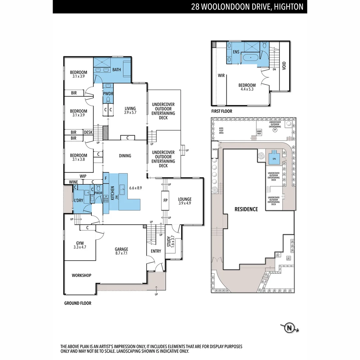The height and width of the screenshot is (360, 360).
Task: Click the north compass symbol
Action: (x=289, y=328)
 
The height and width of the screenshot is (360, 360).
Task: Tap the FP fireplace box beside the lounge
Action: (x=165, y=201)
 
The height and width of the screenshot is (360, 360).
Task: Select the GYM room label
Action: (x=79, y=243)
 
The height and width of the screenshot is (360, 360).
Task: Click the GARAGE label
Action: (x=121, y=249)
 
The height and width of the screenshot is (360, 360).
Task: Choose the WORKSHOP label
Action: (x=81, y=275)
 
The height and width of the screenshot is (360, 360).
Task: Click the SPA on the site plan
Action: (x=274, y=159)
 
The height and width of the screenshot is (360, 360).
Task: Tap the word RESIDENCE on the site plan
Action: (x=246, y=209)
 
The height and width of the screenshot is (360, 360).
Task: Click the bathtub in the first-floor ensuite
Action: (x=249, y=58)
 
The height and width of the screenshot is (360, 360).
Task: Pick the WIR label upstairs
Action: (x=221, y=76)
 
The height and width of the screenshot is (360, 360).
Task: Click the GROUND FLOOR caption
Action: (x=78, y=303)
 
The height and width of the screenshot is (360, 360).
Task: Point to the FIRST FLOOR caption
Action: (x=222, y=111)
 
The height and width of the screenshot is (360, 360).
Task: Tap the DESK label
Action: (x=88, y=132)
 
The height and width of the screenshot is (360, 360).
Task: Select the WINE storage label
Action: (x=73, y=182)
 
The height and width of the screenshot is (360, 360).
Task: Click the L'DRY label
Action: (x=79, y=200)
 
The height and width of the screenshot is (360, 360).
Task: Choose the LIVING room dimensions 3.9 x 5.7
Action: (x=130, y=113)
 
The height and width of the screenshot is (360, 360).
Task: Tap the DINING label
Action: (x=125, y=156)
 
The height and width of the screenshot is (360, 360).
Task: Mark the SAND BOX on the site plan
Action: (x=259, y=132)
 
